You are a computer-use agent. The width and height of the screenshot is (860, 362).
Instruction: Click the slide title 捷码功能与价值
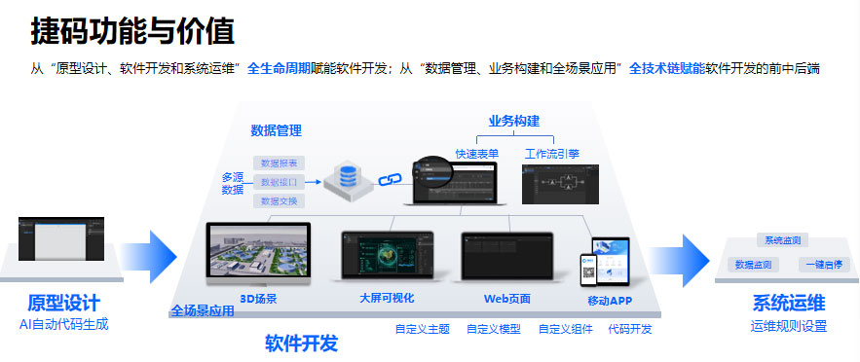pyautogui.click(x=131, y=32)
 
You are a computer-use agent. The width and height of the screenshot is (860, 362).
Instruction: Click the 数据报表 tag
pyautogui.click(x=280, y=163)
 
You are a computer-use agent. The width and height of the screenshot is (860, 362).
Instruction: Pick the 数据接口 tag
pyautogui.click(x=280, y=182)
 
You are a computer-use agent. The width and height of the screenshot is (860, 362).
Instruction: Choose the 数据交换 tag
pyautogui.click(x=280, y=201)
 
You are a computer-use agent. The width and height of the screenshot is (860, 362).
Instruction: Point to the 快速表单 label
pyautogui.click(x=477, y=154)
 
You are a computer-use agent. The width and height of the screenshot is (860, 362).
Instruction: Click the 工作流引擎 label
pyautogui.click(x=552, y=154)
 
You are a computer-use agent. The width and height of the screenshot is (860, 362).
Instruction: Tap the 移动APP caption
pyautogui.click(x=609, y=301)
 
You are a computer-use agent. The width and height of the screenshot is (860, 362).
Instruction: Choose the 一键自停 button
pyautogui.click(x=823, y=265)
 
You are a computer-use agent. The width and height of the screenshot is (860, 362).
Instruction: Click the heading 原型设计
pyautogui.click(x=64, y=303)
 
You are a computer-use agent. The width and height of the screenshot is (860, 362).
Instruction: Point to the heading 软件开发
pyautogui.click(x=301, y=343)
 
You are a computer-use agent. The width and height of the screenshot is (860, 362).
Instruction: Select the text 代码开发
pyautogui.click(x=630, y=329)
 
